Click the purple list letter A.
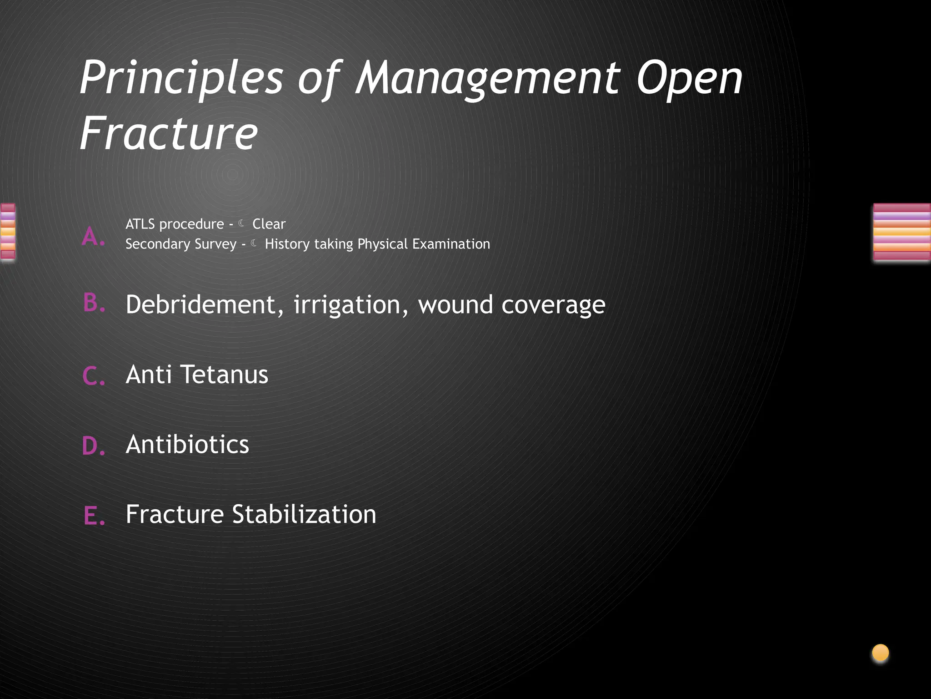click(93, 237)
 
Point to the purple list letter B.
click(94, 303)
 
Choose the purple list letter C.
click(94, 376)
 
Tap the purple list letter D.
click(94, 446)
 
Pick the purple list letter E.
click(94, 516)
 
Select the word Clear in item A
click(269, 224)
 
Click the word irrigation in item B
click(347, 304)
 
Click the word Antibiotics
click(187, 444)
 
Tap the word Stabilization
click(304, 514)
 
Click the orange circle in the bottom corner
click(881, 653)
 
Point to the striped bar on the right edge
click(902, 232)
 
